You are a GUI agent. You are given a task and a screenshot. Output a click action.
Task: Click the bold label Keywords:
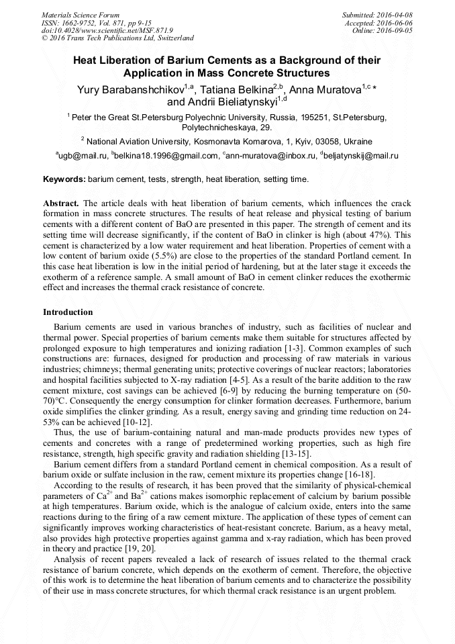coord(64,179)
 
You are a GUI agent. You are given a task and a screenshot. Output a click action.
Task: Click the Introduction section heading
coord(68,312)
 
